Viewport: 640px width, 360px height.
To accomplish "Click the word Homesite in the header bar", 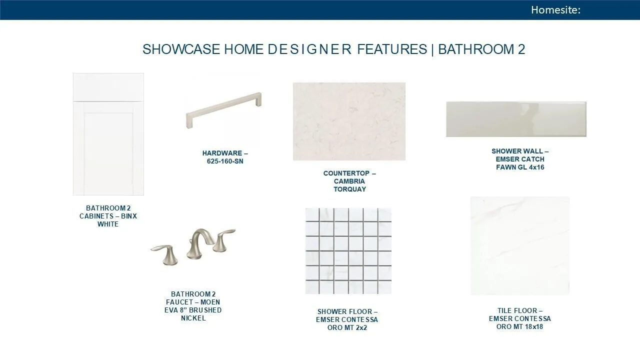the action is (x=554, y=10).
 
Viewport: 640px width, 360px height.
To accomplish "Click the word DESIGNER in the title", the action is (x=309, y=49).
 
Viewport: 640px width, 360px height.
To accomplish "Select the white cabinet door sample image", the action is (x=108, y=134).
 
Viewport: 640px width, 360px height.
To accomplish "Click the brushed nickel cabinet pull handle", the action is (x=223, y=110).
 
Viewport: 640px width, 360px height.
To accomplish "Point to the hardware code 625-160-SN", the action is (x=225, y=161).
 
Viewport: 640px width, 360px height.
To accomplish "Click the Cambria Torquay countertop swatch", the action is (x=349, y=121).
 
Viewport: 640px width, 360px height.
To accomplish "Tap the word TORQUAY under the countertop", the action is (x=349, y=189).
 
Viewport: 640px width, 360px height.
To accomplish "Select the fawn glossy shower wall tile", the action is (x=516, y=119).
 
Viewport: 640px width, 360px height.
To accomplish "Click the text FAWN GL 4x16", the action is (x=520, y=167).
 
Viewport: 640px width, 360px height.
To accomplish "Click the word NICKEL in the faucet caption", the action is (x=193, y=318).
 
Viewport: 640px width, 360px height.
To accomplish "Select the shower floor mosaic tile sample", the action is (x=348, y=251).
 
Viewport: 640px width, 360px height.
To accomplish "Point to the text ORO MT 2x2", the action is (x=347, y=327).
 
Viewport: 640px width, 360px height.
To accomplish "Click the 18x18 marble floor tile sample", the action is (x=520, y=245).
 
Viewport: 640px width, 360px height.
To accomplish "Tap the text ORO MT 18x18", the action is (x=519, y=326).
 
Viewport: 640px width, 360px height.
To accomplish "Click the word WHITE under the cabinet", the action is (x=108, y=224).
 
